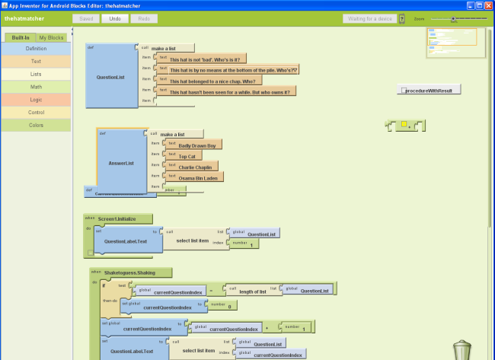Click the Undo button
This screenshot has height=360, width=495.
click(x=114, y=18)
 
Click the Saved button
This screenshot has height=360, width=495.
click(x=85, y=18)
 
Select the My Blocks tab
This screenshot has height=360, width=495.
click(x=52, y=37)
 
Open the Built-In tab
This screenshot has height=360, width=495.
click(x=21, y=37)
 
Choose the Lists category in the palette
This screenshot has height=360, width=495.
click(x=36, y=74)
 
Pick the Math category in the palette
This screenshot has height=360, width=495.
click(x=36, y=87)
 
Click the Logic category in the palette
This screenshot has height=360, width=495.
click(x=36, y=100)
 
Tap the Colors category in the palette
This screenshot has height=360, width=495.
click(x=36, y=125)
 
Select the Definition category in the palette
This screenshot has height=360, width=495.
click(x=36, y=48)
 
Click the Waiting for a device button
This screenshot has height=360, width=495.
click(x=369, y=18)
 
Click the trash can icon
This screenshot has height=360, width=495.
click(x=462, y=349)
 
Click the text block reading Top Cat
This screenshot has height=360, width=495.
click(x=187, y=156)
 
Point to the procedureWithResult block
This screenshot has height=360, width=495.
click(x=430, y=91)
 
